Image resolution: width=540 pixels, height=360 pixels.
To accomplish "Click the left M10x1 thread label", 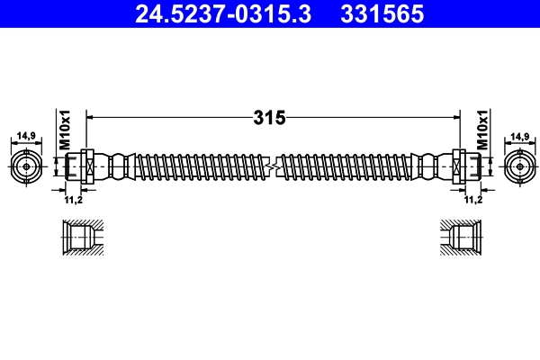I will [x=65, y=130].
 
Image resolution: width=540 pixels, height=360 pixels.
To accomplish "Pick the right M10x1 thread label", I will [x=482, y=130].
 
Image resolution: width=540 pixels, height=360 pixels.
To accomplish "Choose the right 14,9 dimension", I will [x=519, y=136].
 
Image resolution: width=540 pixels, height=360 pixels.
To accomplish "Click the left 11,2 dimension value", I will [x=74, y=199].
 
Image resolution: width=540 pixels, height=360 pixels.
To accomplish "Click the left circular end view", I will [x=27, y=166].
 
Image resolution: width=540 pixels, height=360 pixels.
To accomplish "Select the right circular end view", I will [x=517, y=166].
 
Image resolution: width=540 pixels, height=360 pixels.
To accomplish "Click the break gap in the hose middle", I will [x=273, y=166].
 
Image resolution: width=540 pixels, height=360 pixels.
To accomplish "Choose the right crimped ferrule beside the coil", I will [x=429, y=166].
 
